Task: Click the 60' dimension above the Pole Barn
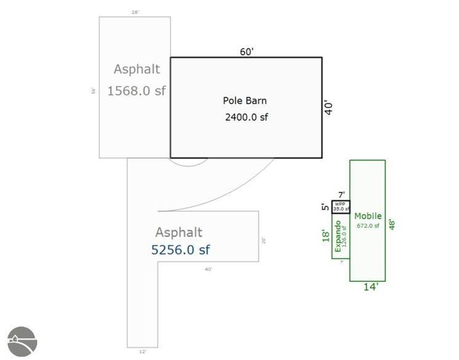[x=247, y=52]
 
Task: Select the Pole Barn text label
[x=245, y=101]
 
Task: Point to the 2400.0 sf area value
[x=246, y=118]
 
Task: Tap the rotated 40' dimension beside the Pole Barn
[x=329, y=108]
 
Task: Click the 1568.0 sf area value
[x=136, y=91]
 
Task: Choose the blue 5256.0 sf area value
[x=180, y=250]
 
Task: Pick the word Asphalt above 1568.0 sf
[x=137, y=69]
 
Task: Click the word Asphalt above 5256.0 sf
[x=178, y=232]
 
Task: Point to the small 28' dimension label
[x=135, y=12]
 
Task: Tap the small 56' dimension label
[x=94, y=91]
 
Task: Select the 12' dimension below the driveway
[x=143, y=352]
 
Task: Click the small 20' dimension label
[x=264, y=241]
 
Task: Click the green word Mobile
[x=368, y=216]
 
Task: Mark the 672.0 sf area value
[x=368, y=226]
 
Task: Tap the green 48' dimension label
[x=393, y=224]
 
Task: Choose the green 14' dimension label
[x=371, y=287]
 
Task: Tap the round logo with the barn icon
[x=22, y=341]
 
